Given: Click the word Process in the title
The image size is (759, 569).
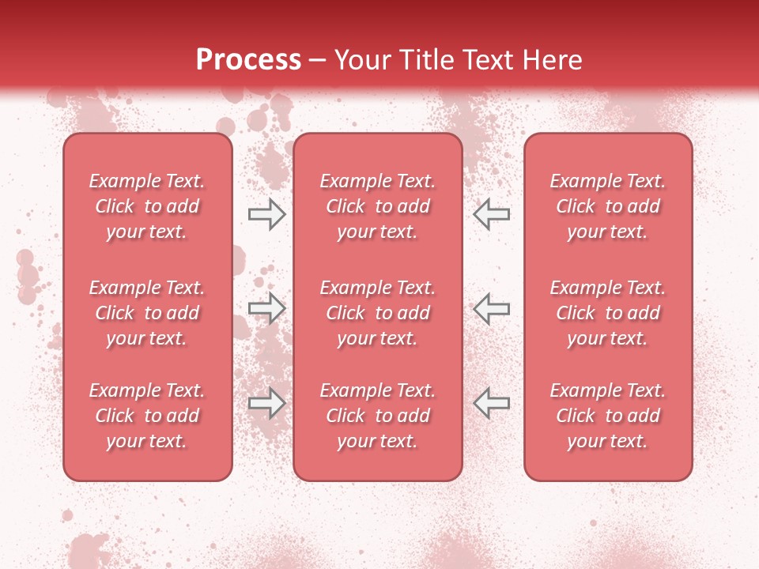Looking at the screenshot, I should click(x=248, y=60).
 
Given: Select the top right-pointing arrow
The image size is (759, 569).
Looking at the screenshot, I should click(x=266, y=213).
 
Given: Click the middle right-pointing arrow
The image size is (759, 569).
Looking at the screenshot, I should click(x=266, y=308).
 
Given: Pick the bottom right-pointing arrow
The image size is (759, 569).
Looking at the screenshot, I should click(x=266, y=403).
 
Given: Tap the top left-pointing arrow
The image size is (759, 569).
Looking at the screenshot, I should click(x=492, y=213).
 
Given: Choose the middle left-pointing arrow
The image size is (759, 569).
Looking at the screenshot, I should click(x=492, y=308).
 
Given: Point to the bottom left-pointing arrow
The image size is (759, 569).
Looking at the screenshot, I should click(x=492, y=403).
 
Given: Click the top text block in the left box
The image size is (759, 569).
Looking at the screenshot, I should click(x=147, y=206).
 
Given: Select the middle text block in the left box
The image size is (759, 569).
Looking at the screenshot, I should click(x=147, y=313).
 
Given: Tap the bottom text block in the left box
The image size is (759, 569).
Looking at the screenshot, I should click(x=147, y=416).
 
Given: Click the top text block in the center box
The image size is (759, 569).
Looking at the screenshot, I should click(x=377, y=206).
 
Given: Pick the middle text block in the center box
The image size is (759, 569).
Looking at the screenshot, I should click(x=377, y=313).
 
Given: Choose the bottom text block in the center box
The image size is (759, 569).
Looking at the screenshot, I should click(x=377, y=416).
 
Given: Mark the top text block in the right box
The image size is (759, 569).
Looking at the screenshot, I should click(x=607, y=206).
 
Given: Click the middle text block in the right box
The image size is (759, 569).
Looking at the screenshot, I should click(x=607, y=313).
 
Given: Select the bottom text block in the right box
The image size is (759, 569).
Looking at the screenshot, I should click(x=607, y=416).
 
